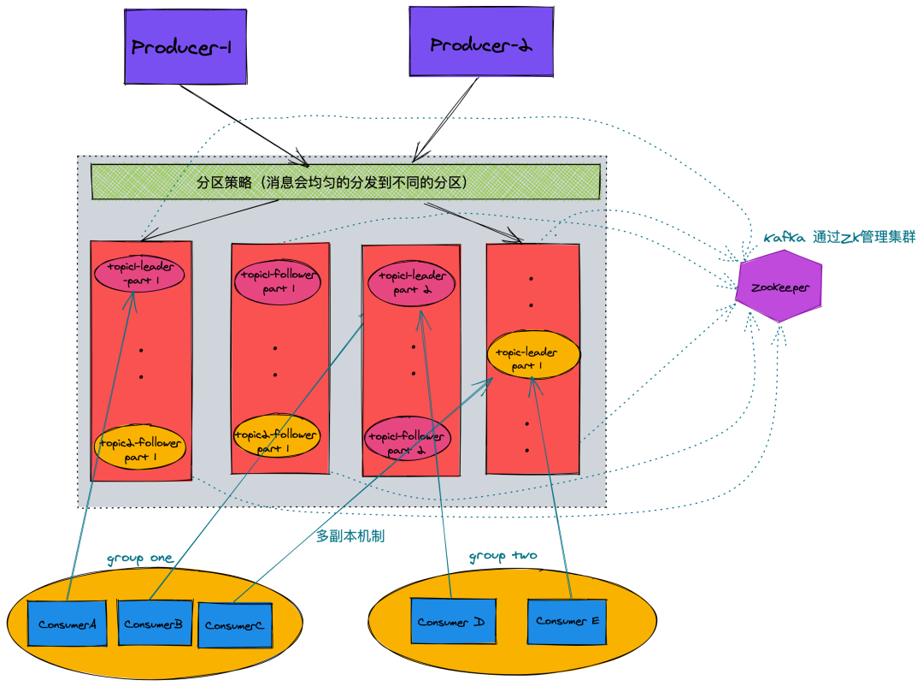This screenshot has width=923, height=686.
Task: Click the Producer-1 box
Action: click(x=185, y=47)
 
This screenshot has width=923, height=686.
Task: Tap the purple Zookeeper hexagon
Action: click(x=779, y=287)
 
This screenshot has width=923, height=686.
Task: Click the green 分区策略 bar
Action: click(x=345, y=182)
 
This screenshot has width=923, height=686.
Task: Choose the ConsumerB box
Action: click(x=154, y=624)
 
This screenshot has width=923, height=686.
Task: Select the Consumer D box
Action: click(x=450, y=622)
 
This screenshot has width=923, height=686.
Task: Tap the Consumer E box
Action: click(x=567, y=621)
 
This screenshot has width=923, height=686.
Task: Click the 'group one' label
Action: click(x=139, y=559)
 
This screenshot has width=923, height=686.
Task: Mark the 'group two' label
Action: click(x=503, y=556)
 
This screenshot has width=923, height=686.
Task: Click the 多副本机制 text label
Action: click(x=350, y=536)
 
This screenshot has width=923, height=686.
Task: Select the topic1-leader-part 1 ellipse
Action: click(x=139, y=274)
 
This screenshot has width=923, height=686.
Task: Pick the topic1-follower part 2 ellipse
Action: click(x=406, y=442)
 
